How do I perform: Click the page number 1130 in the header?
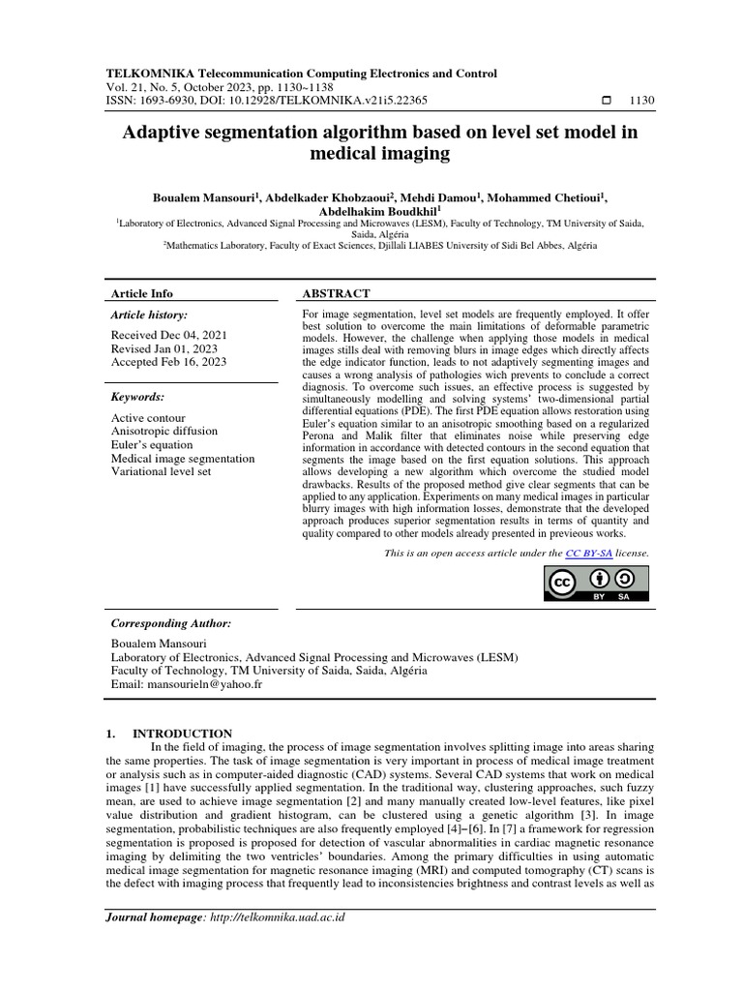[641, 100]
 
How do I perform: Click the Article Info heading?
[143, 293]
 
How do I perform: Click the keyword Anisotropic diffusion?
[164, 431]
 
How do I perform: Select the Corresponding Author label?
[171, 624]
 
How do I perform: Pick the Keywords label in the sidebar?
[138, 397]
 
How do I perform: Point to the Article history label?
[150, 315]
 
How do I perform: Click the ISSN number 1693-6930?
[169, 100]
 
